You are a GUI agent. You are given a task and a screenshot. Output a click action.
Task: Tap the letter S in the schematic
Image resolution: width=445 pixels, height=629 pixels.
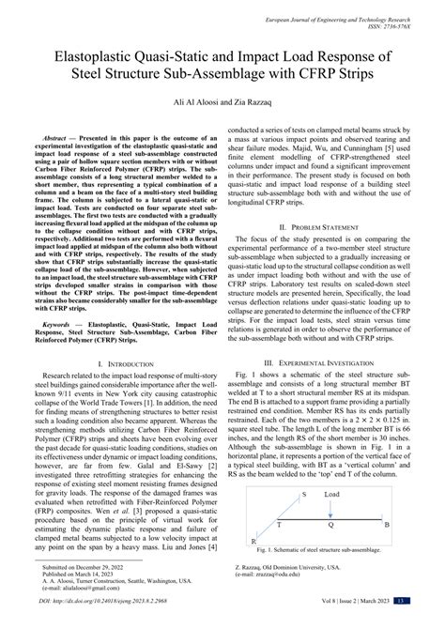click(302, 518)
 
